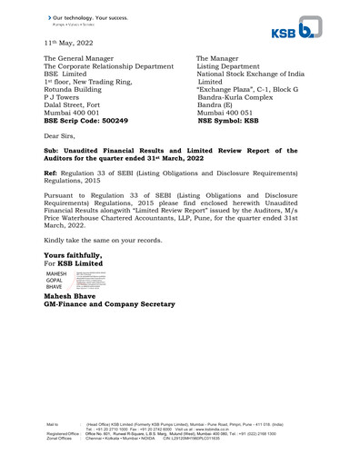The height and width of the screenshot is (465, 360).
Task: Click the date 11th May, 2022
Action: point(68,42)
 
